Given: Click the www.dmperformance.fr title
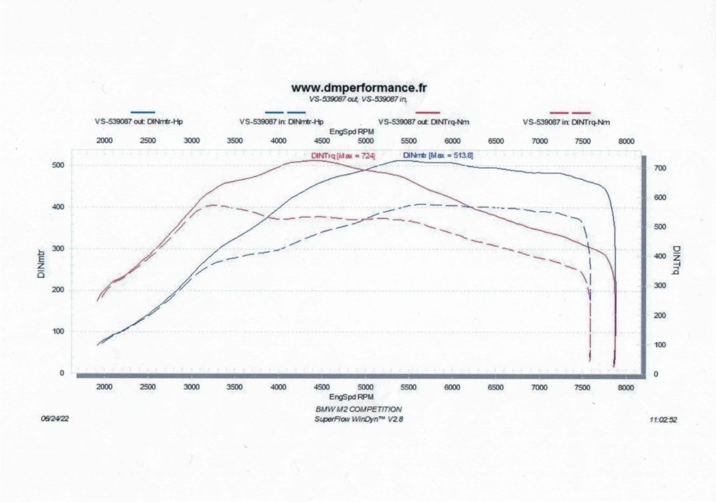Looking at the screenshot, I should tap(359, 88).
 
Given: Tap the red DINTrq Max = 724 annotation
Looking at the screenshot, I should tap(343, 155).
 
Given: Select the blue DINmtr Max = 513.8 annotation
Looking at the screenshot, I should tap(438, 155).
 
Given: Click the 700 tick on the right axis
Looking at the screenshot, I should tap(658, 168).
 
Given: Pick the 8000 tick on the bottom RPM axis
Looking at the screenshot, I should tap(626, 387).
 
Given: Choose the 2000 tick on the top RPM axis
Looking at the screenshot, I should tap(104, 141).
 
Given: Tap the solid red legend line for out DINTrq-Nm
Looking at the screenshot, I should tap(428, 112).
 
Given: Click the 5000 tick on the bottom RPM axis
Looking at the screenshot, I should tap(365, 387).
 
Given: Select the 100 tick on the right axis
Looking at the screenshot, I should tap(658, 345).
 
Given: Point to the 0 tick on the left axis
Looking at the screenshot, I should tap(62, 373).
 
